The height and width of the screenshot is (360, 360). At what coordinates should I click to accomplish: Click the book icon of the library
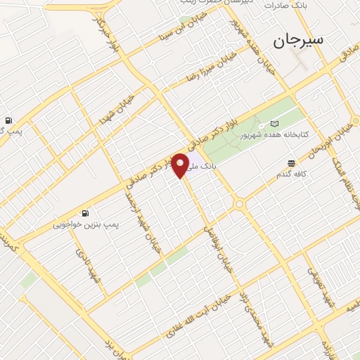pos(274,124)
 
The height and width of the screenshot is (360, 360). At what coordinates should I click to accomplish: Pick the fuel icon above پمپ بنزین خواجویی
pos(85,214)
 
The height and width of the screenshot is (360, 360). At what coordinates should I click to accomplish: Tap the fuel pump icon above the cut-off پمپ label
pos(9,120)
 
